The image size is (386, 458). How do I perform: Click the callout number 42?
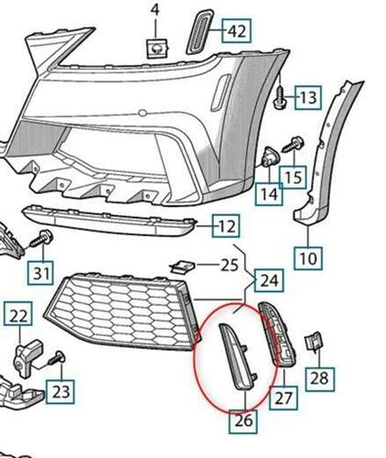tap(237, 31)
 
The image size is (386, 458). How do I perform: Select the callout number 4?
tap(155, 10)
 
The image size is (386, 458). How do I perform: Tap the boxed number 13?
tap(308, 98)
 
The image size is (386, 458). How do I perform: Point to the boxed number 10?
tap(308, 258)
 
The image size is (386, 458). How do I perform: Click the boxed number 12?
tap(226, 226)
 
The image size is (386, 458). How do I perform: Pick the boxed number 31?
tap(41, 273)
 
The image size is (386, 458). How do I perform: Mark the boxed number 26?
tap(243, 420)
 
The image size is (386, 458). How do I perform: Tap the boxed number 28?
tap(319, 378)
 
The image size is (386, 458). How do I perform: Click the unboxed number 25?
tap(230, 265)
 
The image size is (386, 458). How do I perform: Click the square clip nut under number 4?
tap(157, 49)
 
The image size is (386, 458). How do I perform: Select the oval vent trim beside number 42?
tap(201, 32)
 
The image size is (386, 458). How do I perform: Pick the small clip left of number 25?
tap(183, 267)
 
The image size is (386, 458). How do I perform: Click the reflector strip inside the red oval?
tap(238, 356)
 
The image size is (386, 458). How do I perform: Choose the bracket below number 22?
tap(27, 358)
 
